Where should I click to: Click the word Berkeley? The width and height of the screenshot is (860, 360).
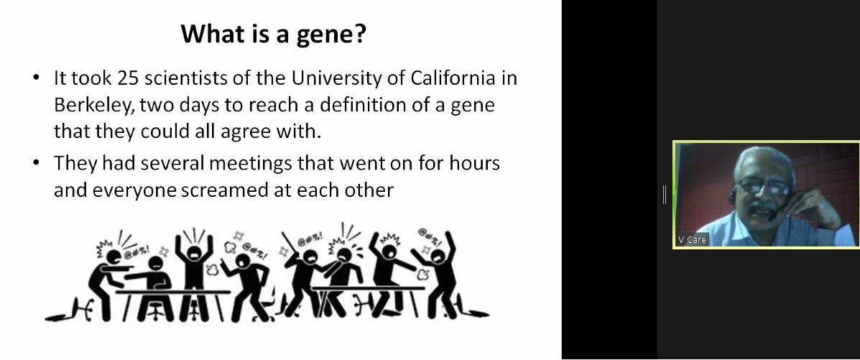coord(93,106)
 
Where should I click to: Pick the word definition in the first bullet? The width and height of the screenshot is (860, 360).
coord(366,105)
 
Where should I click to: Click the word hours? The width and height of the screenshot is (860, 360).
coord(475,163)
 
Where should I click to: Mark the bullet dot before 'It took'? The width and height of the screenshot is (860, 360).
coord(37,78)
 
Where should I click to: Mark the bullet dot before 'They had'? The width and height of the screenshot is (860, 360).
coord(37,163)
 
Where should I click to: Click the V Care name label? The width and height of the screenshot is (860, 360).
coord(692,240)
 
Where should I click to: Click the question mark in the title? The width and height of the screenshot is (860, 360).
coord(360,34)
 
